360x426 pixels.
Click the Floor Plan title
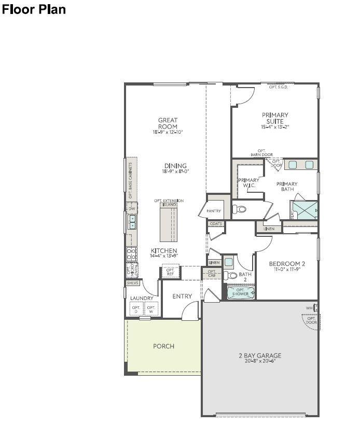click(x=34, y=9)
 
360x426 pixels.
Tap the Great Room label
click(x=168, y=123)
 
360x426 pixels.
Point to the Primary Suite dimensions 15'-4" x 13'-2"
click(x=275, y=127)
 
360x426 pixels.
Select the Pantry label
click(x=213, y=211)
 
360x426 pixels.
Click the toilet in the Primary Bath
click(x=239, y=209)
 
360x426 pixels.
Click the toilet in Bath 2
click(x=232, y=275)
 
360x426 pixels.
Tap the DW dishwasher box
click(x=132, y=208)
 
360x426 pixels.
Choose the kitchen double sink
click(x=132, y=222)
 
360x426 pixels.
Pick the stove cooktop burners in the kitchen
click(x=132, y=253)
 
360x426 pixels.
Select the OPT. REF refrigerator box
click(x=170, y=272)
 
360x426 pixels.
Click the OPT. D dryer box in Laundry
click(x=136, y=309)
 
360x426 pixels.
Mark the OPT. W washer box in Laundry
click(x=151, y=309)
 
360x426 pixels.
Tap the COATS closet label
click(x=216, y=224)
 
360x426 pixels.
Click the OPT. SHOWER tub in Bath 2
click(x=241, y=293)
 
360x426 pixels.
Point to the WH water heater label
click(x=309, y=308)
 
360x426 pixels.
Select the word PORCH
click(x=163, y=346)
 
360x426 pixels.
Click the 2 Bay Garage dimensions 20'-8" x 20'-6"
click(x=260, y=361)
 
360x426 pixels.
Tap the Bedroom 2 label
click(x=287, y=264)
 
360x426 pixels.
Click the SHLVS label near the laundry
click(x=132, y=283)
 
